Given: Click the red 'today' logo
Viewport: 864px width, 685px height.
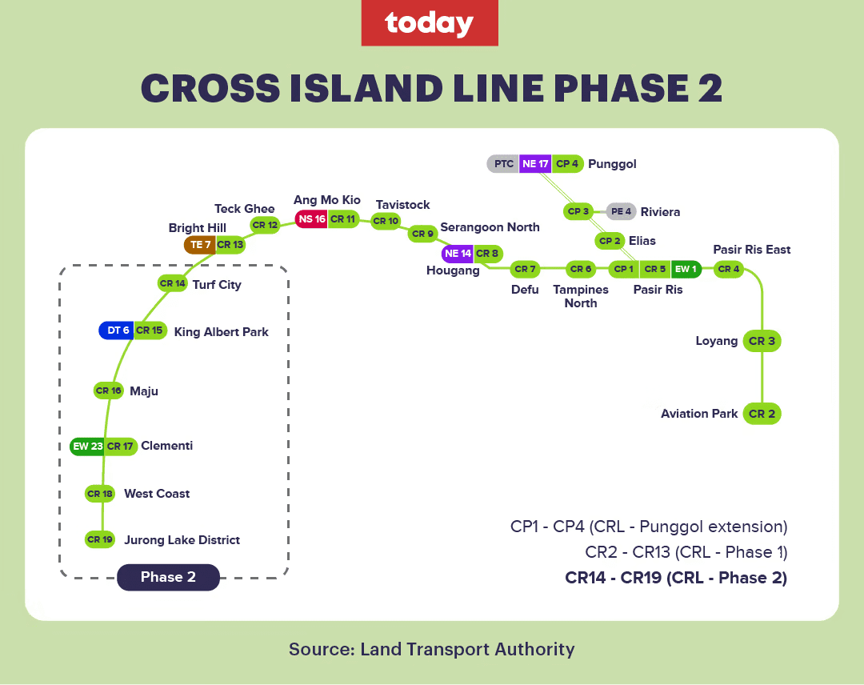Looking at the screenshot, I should (430, 23).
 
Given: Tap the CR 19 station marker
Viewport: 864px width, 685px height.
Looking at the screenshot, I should (100, 539).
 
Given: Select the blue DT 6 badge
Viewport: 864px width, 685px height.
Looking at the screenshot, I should (116, 330).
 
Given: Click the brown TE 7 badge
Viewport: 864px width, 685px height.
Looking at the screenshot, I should (199, 245).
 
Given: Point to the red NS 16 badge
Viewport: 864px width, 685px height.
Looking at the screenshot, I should (311, 218).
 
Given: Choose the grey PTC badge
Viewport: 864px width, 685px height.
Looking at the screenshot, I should (503, 164).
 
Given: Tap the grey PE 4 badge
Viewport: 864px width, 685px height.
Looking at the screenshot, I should (622, 212).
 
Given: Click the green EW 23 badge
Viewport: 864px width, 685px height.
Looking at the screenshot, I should (87, 446).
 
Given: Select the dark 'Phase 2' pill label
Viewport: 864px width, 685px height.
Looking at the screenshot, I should (168, 577).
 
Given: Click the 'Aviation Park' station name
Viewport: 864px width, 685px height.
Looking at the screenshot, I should (699, 414).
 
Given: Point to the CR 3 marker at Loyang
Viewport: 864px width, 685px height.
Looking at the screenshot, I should (762, 341).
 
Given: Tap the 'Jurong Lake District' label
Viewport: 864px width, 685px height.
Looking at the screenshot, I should (182, 540).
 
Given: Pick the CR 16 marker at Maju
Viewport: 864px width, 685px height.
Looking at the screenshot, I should (108, 391).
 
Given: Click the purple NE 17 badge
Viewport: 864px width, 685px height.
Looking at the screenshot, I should (535, 164).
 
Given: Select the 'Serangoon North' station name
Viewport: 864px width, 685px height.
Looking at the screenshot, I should (490, 227).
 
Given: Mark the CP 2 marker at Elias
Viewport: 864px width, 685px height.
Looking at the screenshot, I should (610, 241).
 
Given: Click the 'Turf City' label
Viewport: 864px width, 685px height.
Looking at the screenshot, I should (217, 284).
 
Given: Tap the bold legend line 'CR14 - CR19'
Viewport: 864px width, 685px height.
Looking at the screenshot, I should (676, 578).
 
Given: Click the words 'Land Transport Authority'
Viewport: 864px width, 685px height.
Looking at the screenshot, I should (467, 649).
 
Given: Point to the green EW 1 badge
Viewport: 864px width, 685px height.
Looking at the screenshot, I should (686, 269).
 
